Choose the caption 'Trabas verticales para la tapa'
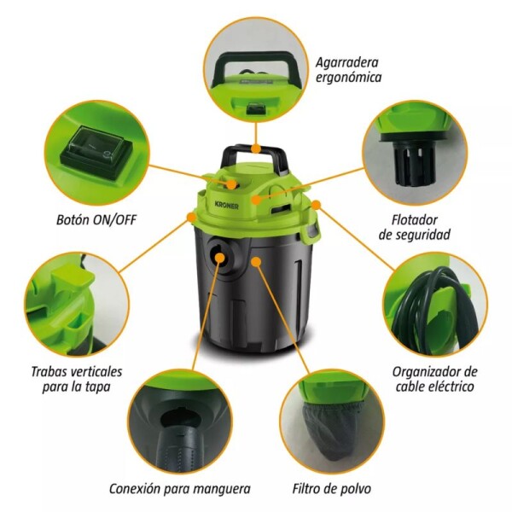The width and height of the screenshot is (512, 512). point(76,380)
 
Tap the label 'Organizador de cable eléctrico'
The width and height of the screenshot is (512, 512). point(434,380)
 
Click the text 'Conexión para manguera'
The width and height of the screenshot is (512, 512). point(180,489)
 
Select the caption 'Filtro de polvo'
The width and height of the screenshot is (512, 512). point(330,489)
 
